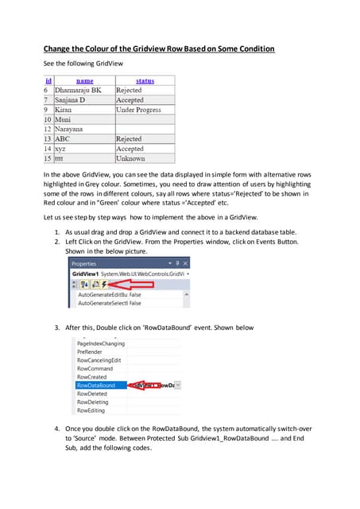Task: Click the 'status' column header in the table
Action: [145, 80]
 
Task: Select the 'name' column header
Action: [84, 80]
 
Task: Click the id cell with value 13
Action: [47, 139]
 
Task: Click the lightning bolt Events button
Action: [105, 284]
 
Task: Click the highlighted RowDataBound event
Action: [95, 385]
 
